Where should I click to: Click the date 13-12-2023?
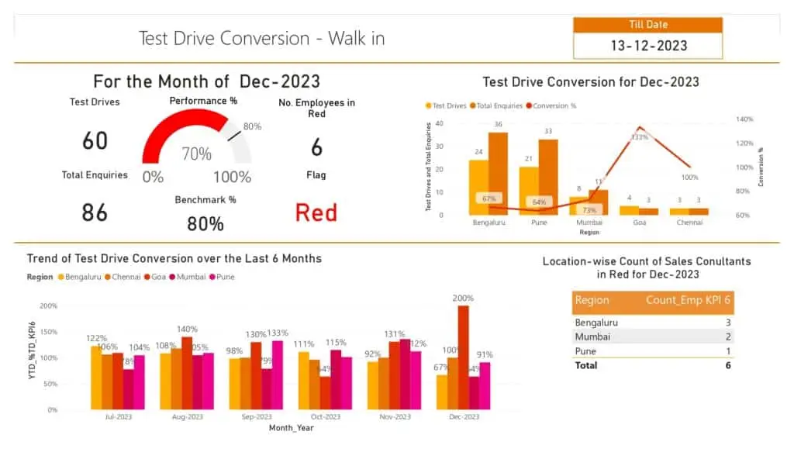[648, 46]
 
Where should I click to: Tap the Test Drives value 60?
[95, 141]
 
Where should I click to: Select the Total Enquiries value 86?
[95, 212]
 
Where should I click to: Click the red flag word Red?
[316, 212]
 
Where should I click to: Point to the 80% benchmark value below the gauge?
[205, 224]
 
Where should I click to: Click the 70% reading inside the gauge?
[196, 154]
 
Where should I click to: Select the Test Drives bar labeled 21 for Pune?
[529, 190]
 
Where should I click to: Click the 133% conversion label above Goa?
[640, 136]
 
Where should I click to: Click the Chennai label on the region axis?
[689, 223]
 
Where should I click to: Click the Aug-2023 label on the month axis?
[187, 417]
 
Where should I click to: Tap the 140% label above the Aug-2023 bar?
[187, 330]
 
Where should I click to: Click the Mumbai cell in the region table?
[592, 336]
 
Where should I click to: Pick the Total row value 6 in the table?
[727, 365]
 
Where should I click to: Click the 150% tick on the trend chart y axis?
[48, 332]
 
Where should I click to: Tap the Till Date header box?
[647, 25]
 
